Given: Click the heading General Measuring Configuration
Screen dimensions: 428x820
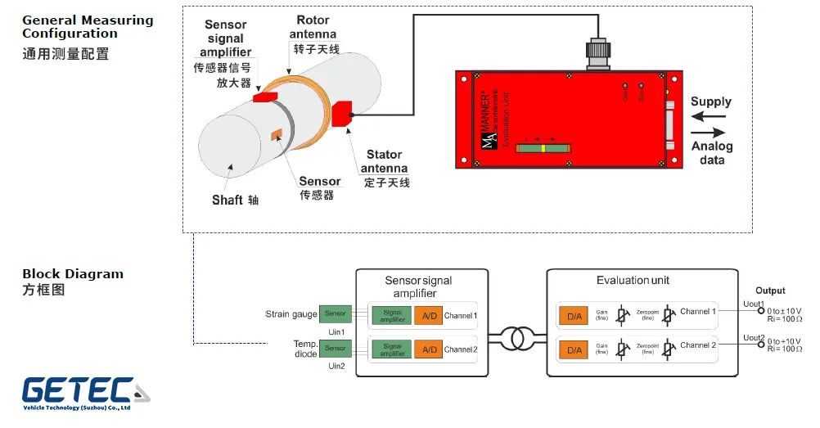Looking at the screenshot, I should click(x=87, y=27).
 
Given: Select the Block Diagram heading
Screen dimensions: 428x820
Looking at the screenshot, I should click(x=73, y=274).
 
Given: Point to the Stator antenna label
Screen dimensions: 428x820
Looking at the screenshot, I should click(x=384, y=161).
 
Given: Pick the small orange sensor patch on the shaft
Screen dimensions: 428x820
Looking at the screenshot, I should click(x=277, y=134).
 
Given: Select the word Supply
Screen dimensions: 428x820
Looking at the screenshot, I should click(x=710, y=102).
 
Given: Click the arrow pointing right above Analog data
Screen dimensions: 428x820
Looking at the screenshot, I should click(x=709, y=132).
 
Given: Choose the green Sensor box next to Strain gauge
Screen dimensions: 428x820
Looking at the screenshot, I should click(x=336, y=314).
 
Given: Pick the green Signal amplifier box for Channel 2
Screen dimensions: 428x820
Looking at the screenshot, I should click(x=392, y=349).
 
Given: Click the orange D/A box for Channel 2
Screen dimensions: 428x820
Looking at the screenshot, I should click(x=573, y=349).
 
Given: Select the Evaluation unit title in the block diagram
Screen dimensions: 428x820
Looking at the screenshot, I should click(x=633, y=281).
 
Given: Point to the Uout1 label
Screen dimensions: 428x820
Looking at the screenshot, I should click(x=754, y=304).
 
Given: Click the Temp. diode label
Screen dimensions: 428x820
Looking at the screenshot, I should click(x=305, y=349).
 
